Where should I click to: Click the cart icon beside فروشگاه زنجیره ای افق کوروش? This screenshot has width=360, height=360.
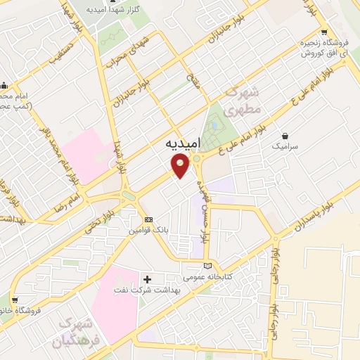click(x=323, y=32)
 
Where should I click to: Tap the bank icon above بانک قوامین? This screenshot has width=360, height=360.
click(x=148, y=219)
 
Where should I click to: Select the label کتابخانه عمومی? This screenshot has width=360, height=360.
click(x=207, y=278)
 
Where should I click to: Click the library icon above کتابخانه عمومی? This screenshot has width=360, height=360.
click(x=207, y=266)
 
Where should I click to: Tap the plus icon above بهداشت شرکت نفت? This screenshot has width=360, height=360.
click(x=147, y=279)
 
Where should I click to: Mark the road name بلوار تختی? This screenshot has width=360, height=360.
click(x=98, y=217)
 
